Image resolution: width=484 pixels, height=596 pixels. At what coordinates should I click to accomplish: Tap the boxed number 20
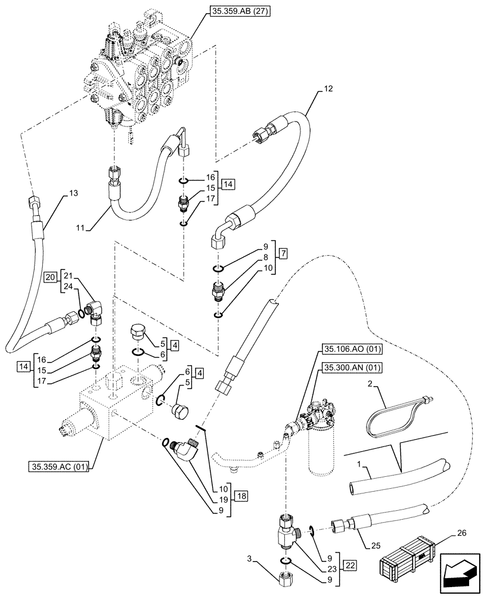click(x=50, y=277)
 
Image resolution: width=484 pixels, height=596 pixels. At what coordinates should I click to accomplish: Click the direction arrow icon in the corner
click(x=458, y=574)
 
